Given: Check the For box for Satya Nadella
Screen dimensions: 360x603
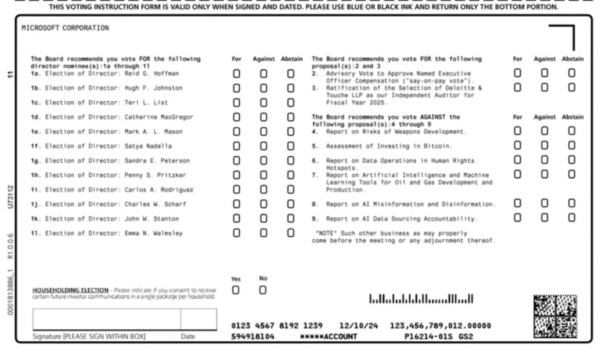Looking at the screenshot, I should coord(236,146).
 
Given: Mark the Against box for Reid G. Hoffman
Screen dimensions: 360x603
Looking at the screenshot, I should coord(263,74).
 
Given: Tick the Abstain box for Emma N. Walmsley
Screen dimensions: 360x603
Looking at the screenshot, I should coord(290,233).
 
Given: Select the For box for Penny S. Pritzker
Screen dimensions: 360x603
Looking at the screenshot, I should coord(236,175).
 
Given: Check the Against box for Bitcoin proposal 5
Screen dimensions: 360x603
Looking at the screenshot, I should coord(544,146).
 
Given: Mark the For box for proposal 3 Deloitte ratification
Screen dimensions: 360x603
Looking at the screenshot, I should coord(517,88).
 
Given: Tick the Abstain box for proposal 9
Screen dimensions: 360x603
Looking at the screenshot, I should coord(571,218).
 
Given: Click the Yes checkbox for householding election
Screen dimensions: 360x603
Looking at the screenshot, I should coord(236,290).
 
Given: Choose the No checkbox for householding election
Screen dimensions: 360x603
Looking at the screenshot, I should coord(263,290).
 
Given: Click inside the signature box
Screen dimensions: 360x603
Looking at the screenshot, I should coord(106,319).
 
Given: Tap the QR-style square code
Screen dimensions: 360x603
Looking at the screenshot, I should coord(555,316).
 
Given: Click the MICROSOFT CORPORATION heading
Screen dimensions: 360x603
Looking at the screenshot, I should coord(65,28).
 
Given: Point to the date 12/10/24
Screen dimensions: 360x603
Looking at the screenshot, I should coord(354,325).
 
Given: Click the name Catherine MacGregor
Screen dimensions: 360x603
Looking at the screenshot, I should coord(158,117).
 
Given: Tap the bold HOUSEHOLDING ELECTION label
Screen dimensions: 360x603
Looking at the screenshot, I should coord(70,290).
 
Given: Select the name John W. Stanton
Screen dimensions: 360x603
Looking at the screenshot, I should coord(151,219).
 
